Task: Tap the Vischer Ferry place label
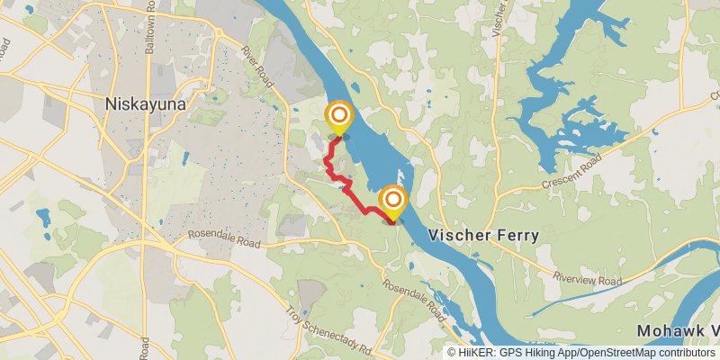(x=483, y=236)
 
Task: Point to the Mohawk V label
(x=678, y=330)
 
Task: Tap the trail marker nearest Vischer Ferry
(x=393, y=201)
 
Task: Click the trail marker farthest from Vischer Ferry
(x=338, y=116)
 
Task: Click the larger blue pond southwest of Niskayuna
(x=42, y=216)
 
